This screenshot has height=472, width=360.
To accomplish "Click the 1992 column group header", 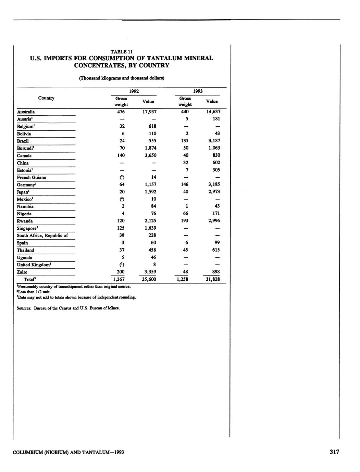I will (x=134, y=91).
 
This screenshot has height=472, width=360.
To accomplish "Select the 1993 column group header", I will (x=198, y=91).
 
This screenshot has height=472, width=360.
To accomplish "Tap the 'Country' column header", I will (x=46, y=98).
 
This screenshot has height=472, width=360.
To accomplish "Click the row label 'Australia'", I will (x=26, y=112).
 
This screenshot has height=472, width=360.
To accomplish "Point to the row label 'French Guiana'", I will (x=31, y=178).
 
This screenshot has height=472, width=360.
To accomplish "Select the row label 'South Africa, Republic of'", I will (x=42, y=235).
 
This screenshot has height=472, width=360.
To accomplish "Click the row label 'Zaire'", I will (x=22, y=272).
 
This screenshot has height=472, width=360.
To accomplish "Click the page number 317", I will (x=334, y=452).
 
